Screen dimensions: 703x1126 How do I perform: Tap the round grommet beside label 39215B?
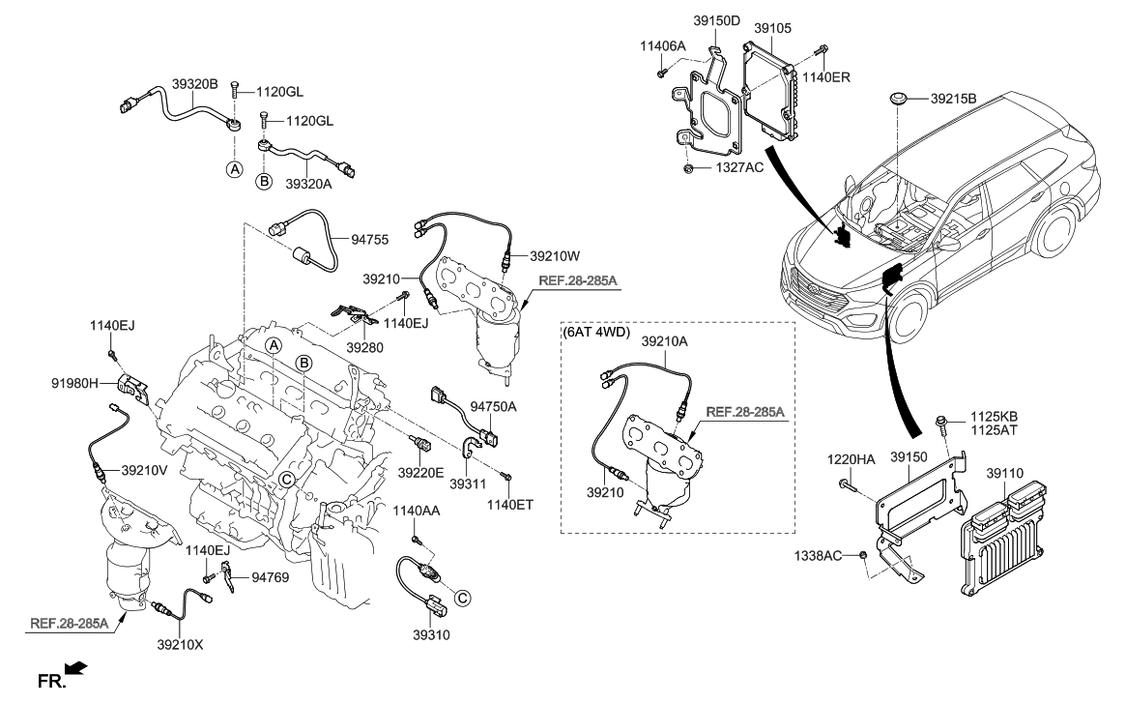tap(899, 99)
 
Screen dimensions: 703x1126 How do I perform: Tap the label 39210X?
tap(180, 643)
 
